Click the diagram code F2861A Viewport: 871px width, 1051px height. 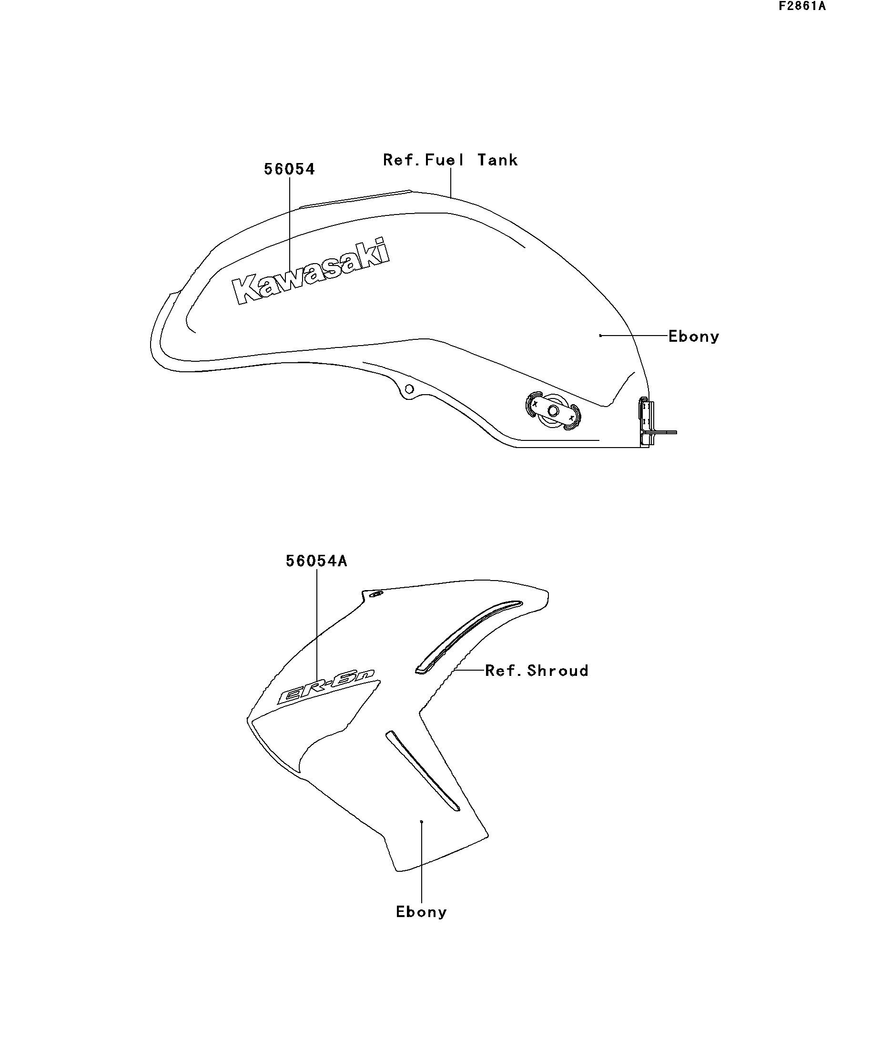(x=801, y=7)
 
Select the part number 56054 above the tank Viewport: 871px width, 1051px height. (x=289, y=169)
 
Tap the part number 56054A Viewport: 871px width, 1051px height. (x=316, y=561)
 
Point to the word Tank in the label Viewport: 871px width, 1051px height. (x=497, y=160)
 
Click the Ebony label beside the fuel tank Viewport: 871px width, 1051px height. (x=693, y=337)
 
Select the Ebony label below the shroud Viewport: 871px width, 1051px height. (x=421, y=912)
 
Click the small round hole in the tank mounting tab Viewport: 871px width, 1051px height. (x=409, y=389)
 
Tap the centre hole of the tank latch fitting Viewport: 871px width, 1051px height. (x=553, y=411)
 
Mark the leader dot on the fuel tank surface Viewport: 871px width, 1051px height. (x=600, y=336)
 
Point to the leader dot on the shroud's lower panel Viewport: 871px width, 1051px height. (x=422, y=822)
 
